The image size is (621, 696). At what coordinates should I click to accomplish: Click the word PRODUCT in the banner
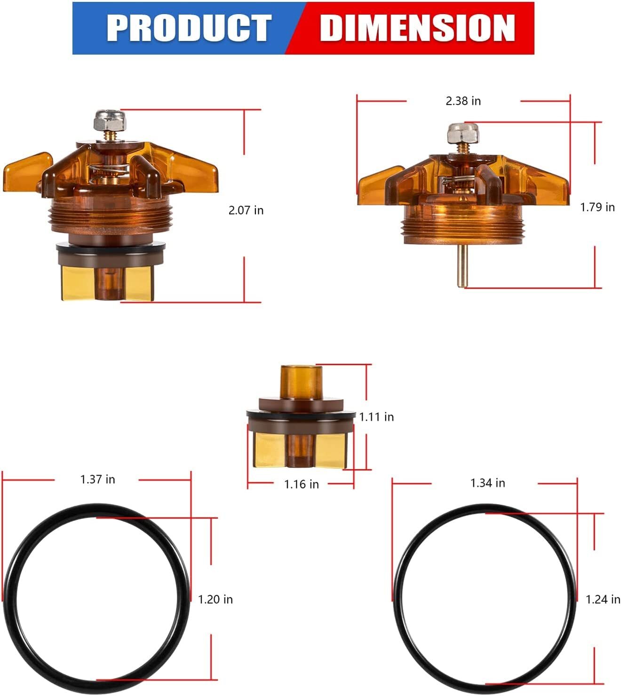[189, 28]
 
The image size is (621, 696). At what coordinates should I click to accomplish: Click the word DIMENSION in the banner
[417, 28]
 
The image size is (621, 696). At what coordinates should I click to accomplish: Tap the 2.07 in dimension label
[246, 210]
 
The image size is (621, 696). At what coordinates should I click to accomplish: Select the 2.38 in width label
[463, 101]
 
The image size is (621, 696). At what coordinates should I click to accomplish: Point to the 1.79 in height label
[597, 207]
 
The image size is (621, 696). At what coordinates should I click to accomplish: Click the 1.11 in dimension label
[376, 417]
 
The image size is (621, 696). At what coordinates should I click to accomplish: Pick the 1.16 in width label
[301, 484]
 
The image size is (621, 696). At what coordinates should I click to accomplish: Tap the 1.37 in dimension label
[97, 479]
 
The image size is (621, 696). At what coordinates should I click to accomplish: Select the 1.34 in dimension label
[487, 483]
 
